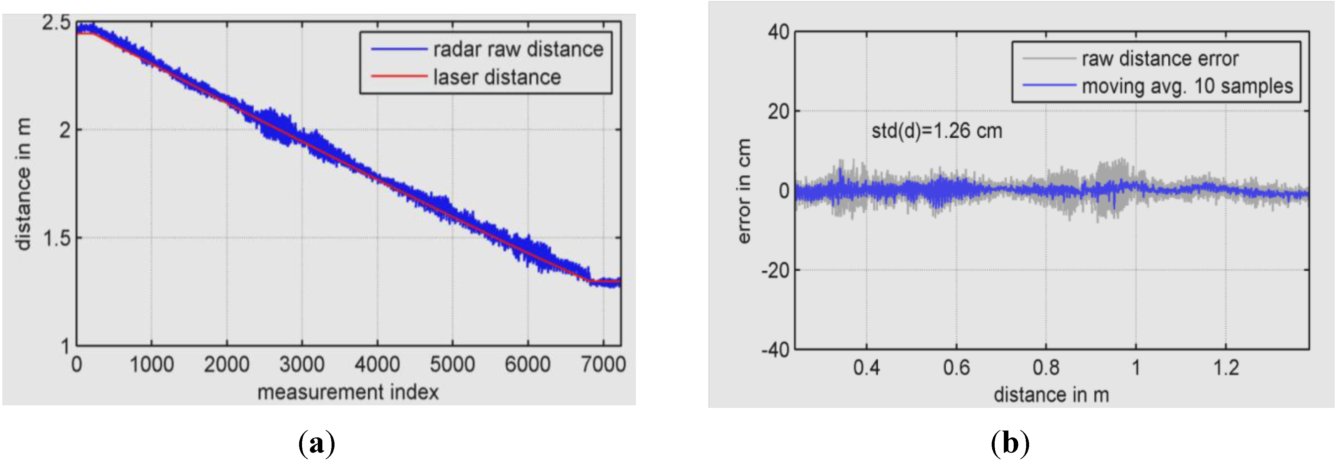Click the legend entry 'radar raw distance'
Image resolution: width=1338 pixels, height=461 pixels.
click(x=518, y=49)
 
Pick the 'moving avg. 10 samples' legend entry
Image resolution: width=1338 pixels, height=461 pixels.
click(x=1187, y=86)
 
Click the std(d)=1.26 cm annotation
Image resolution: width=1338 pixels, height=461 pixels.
click(x=937, y=131)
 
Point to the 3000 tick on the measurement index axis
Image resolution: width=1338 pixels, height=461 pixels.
click(x=302, y=364)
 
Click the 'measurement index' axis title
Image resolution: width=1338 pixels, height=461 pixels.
click(x=348, y=392)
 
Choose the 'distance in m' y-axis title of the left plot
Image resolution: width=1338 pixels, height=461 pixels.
click(x=23, y=184)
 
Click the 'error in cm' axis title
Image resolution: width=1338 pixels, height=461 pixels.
click(x=744, y=191)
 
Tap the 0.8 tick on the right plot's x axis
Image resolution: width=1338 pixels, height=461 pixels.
click(x=1045, y=368)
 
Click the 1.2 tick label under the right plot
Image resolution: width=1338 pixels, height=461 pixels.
click(x=1226, y=368)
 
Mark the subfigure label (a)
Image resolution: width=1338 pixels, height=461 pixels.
click(x=317, y=444)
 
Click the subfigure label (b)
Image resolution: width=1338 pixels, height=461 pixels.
click(x=1010, y=444)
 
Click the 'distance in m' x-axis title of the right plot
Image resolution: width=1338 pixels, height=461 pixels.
click(x=1051, y=395)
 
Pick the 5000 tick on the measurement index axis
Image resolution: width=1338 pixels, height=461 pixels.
click(x=452, y=364)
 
